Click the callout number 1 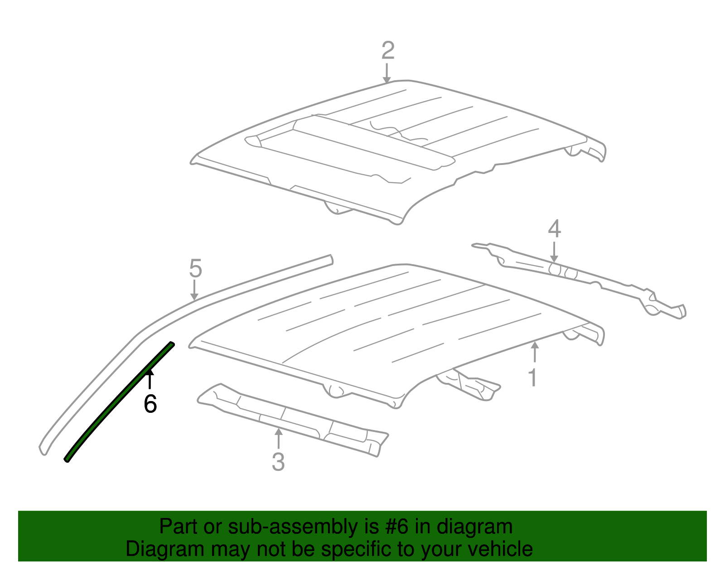[534, 377]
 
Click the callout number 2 [388, 50]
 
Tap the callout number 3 [278, 462]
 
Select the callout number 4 [554, 229]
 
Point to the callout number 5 [195, 269]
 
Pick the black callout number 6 [150, 404]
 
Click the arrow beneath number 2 [387, 73]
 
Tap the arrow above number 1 [535, 353]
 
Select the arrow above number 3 [279, 439]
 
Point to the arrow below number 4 [554, 252]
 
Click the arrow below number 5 [194, 290]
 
